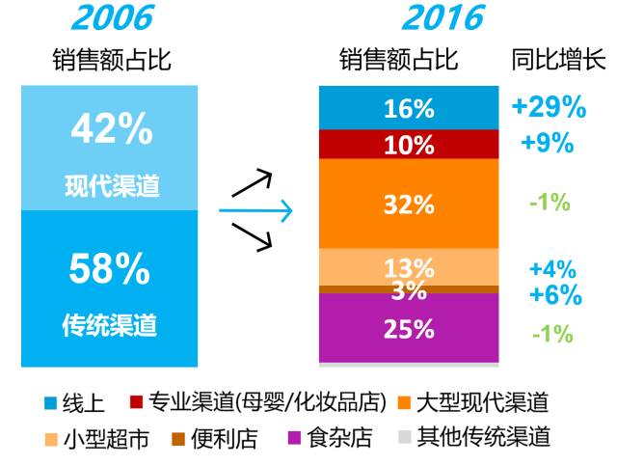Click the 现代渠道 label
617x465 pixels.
[110, 184]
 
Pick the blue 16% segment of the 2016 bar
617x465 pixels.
[409, 109]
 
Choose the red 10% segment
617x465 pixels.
[409, 146]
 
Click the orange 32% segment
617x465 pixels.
[409, 205]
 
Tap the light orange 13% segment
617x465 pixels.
[409, 267]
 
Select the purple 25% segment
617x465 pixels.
[409, 329]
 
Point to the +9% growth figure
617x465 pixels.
[548, 145]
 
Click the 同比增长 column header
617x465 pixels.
[557, 60]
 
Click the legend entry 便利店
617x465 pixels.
[224, 438]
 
